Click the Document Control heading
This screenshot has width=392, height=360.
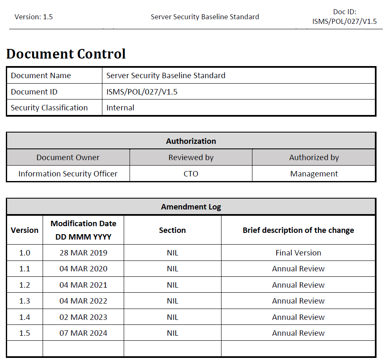click(x=66, y=54)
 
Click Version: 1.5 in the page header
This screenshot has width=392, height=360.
click(x=33, y=17)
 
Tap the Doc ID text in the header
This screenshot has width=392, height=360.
click(x=344, y=17)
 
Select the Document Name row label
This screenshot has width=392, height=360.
click(x=41, y=76)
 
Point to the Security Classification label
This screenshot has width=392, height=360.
click(x=49, y=108)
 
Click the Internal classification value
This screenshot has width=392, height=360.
click(x=120, y=108)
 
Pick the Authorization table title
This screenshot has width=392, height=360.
click(x=191, y=141)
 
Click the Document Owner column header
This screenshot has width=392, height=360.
click(x=68, y=158)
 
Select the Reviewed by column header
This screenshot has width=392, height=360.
click(x=191, y=158)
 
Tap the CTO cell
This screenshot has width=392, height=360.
click(x=191, y=174)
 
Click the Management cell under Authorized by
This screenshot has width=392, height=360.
click(x=314, y=174)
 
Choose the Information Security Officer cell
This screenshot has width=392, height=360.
click(x=68, y=174)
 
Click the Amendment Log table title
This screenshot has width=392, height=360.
click(x=191, y=207)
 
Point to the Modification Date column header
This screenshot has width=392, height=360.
click(x=83, y=230)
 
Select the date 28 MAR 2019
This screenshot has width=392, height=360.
click(x=83, y=253)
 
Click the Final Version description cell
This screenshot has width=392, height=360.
click(x=298, y=253)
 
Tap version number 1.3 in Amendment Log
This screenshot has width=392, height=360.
click(x=25, y=301)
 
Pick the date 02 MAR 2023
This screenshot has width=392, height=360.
click(x=83, y=317)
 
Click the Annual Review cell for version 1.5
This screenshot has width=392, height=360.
click(x=298, y=333)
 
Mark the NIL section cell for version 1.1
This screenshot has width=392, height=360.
click(x=173, y=269)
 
